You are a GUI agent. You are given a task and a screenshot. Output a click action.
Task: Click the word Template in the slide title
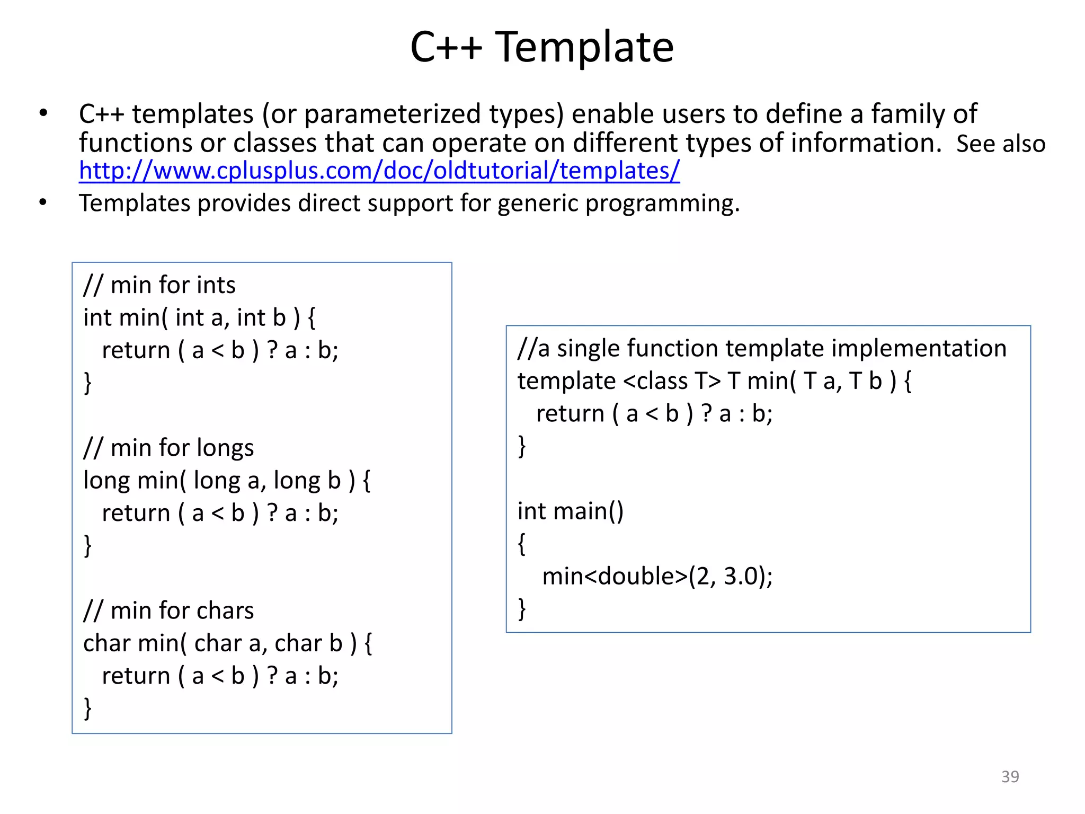(584, 48)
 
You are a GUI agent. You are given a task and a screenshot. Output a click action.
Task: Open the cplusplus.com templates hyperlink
(379, 171)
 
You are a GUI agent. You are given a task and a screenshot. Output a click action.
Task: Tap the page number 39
(1010, 776)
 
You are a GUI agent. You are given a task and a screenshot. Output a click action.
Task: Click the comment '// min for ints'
(159, 285)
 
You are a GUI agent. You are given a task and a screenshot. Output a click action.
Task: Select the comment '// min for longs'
(168, 448)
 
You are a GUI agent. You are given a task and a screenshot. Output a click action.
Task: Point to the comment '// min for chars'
(168, 610)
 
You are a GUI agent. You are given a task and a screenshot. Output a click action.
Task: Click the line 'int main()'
(571, 511)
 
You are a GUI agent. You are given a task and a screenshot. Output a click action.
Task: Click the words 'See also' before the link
(1000, 144)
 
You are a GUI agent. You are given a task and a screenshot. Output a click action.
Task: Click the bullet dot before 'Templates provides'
(43, 202)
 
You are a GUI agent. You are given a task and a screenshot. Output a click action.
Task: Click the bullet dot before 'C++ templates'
(43, 113)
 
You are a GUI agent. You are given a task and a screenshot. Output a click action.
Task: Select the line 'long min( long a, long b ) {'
(227, 481)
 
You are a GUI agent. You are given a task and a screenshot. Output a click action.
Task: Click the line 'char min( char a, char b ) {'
(228, 643)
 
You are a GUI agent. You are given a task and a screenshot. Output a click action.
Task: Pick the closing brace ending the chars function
(88, 708)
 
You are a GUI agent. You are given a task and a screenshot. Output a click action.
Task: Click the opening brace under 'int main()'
(522, 544)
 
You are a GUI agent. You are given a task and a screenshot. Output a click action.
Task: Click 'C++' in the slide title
(446, 48)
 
